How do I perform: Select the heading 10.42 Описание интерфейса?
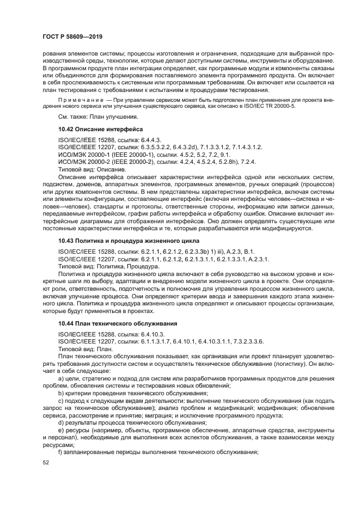[x=100, y=130]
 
